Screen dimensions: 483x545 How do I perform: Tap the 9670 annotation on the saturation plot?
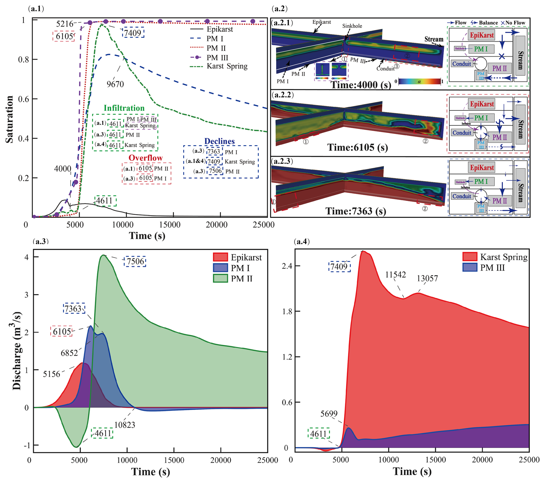[115, 84]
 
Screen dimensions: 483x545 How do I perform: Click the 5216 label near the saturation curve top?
[65, 24]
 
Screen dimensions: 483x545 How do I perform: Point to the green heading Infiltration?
[124, 108]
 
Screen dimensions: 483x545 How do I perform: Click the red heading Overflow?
[145, 158]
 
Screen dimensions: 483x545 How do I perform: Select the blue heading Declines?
[219, 141]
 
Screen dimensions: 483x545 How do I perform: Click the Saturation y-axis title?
[10, 119]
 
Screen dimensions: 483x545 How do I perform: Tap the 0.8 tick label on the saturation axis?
[24, 60]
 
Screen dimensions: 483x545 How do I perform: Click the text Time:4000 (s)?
[361, 85]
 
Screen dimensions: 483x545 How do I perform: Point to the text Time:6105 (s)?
[357, 148]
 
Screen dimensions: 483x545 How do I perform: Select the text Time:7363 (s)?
[356, 211]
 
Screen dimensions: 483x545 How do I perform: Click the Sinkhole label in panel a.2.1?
[352, 26]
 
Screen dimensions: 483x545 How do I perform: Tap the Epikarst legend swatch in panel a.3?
[220, 257]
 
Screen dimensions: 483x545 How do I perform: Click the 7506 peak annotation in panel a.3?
[135, 261]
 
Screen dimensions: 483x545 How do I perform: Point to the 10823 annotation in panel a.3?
[125, 425]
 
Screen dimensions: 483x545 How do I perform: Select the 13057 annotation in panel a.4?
[427, 278]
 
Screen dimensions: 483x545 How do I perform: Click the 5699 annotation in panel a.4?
[329, 414]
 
